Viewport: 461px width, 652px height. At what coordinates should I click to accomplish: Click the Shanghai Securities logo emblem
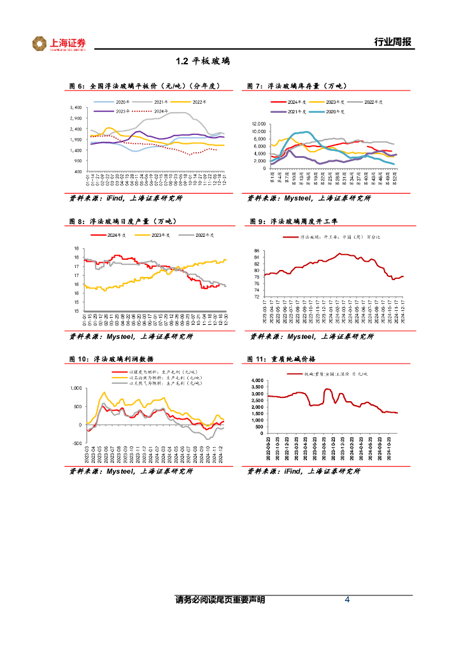point(40,43)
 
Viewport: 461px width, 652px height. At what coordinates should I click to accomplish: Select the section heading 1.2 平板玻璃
point(202,62)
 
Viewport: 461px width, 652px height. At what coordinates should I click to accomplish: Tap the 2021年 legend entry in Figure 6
point(160,102)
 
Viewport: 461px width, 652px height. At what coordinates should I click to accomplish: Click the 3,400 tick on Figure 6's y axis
point(74,108)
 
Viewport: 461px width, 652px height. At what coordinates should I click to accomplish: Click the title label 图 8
point(76,221)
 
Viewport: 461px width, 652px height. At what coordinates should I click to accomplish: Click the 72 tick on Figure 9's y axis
point(256,297)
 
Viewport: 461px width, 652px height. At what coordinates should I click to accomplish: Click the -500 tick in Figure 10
point(76,443)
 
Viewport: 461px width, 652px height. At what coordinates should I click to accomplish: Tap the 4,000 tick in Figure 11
point(255,381)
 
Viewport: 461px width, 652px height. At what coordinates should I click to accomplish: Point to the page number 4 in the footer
point(347,600)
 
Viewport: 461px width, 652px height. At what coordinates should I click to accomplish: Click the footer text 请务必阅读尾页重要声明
point(220,600)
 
